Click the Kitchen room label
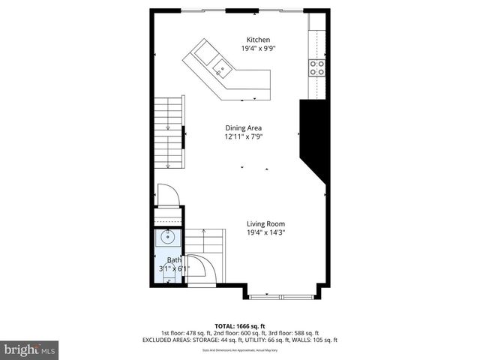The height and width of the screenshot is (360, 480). pyautogui.click(x=259, y=40)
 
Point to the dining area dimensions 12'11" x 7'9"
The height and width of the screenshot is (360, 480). pyautogui.click(x=244, y=136)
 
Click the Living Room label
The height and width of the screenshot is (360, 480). pyautogui.click(x=266, y=223)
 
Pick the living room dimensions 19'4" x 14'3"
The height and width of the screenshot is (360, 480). pyautogui.click(x=266, y=232)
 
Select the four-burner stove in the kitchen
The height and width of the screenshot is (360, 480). pyautogui.click(x=318, y=68)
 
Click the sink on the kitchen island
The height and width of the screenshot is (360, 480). pyautogui.click(x=222, y=70)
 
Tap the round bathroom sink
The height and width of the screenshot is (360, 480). pyautogui.click(x=167, y=238)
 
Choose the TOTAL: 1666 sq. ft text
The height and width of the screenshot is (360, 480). pyautogui.click(x=240, y=326)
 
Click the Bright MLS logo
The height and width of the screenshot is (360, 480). pyautogui.click(x=30, y=349)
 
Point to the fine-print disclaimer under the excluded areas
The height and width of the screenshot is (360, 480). pyautogui.click(x=240, y=349)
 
